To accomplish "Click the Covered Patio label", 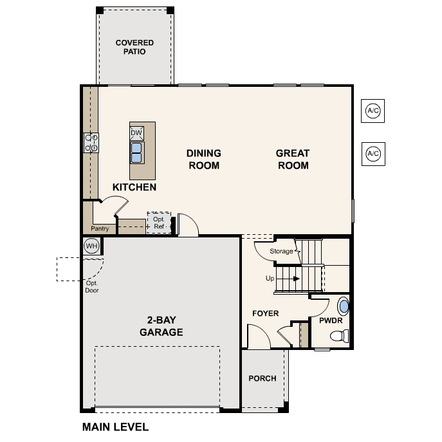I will point(134,47).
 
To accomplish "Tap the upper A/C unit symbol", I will point(373,111).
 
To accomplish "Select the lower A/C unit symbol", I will point(373,154).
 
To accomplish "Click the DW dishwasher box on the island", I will point(136,133).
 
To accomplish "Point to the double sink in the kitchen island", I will point(136,152).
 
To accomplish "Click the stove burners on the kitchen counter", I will point(91,143).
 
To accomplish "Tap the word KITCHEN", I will point(134,187).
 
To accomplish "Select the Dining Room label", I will point(203,160).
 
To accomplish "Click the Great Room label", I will point(293,160).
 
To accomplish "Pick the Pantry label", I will point(99,228).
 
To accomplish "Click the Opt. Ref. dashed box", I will point(159,223).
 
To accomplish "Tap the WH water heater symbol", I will point(91,246).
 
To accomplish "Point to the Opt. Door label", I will point(92,286).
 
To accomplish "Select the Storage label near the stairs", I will point(281,251).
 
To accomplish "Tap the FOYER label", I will point(265,313).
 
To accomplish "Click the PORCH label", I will point(262,378).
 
